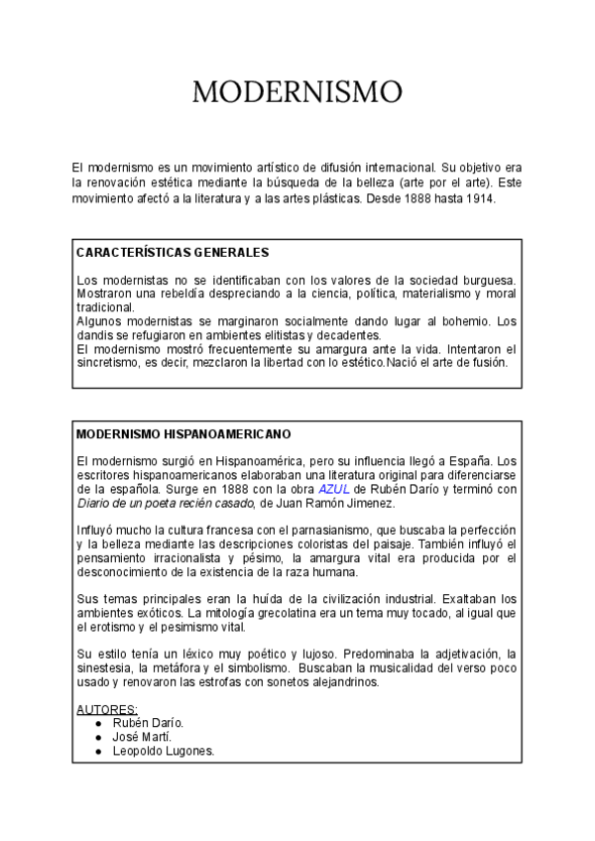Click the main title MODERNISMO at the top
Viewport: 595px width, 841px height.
point(297,92)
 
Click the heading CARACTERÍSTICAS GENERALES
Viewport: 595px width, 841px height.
point(173,253)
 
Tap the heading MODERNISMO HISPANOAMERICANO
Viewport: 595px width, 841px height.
point(183,434)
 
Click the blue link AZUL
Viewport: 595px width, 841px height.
point(334,489)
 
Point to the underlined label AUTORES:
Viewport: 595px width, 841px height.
point(107,710)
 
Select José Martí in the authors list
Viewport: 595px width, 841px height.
point(142,737)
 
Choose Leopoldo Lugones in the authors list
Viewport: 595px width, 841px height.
point(164,751)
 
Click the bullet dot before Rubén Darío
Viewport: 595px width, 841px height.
point(99,724)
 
